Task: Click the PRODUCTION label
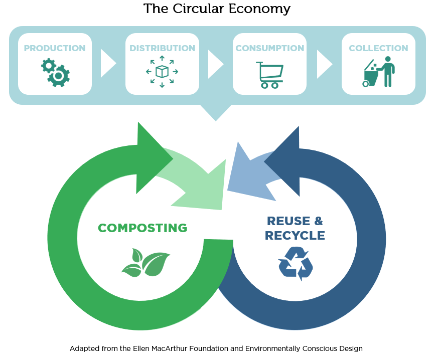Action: coord(55,48)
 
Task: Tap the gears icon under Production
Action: coord(56,72)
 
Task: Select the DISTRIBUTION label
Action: coord(162,48)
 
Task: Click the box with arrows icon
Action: coord(162,72)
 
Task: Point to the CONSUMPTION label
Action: coord(269,48)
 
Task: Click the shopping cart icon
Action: coord(269,75)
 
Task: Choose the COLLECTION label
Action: coord(378,48)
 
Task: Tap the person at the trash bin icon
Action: coord(378,72)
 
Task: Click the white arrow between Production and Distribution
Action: coord(108,64)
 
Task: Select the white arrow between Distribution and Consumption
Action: coord(216,64)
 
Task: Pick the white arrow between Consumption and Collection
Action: coord(325,64)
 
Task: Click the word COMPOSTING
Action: coord(142,228)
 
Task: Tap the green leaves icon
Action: coord(146,263)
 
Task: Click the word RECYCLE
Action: coord(295,236)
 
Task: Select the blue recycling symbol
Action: coord(296,264)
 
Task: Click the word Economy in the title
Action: coord(259,9)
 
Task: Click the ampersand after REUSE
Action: coord(319,221)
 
